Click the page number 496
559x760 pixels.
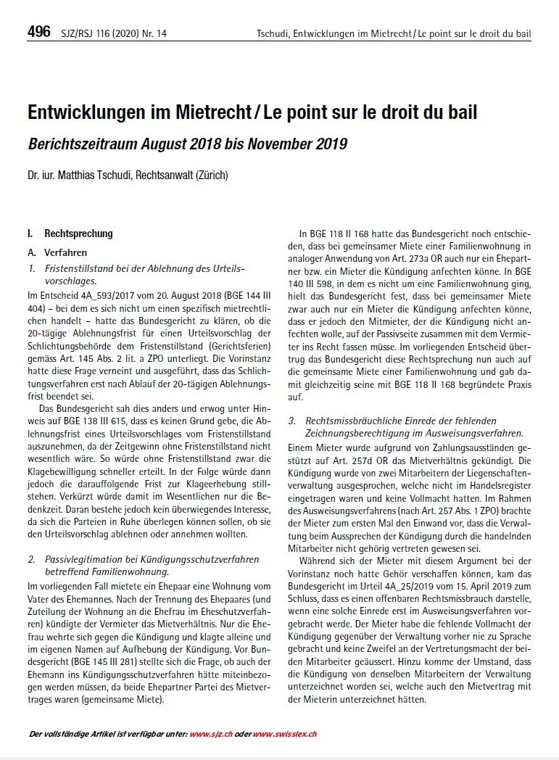pos(38,31)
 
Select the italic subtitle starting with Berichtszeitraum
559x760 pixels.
pos(187,144)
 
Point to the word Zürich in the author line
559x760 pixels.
pos(211,175)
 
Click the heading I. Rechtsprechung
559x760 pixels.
pos(70,234)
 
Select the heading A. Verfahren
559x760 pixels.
pos(57,253)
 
